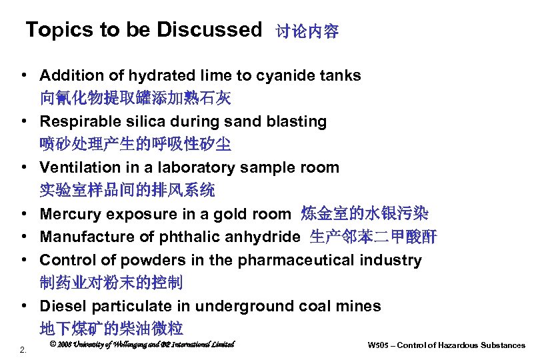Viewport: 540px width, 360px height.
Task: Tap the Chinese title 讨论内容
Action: [x=307, y=31]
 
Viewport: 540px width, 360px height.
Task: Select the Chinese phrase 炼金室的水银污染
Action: [x=365, y=214]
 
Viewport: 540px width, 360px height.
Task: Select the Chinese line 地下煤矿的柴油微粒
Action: [x=111, y=329]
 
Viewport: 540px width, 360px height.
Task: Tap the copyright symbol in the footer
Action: [x=53, y=345]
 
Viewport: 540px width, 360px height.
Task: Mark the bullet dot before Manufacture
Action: [x=23, y=237]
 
